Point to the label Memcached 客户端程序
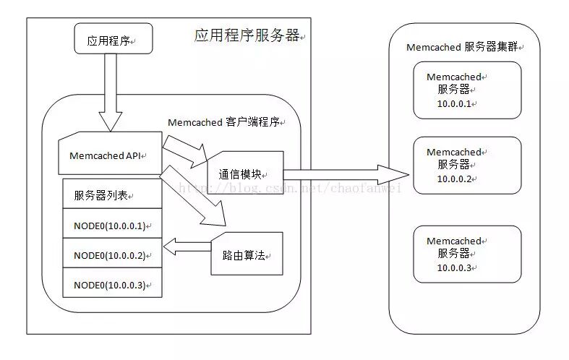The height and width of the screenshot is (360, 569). coord(225,122)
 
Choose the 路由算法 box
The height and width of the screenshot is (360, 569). coord(247,254)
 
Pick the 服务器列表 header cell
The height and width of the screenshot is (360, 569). coord(111,194)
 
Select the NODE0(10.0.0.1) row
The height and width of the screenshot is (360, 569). coord(111,226)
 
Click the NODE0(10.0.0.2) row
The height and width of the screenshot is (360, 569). coord(111,255)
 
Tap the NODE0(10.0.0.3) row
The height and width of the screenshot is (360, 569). coord(111,284)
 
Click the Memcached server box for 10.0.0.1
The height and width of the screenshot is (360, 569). coord(467,90)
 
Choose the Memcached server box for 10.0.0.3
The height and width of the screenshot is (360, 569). coord(467,254)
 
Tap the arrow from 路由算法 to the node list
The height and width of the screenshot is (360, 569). coord(187,247)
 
